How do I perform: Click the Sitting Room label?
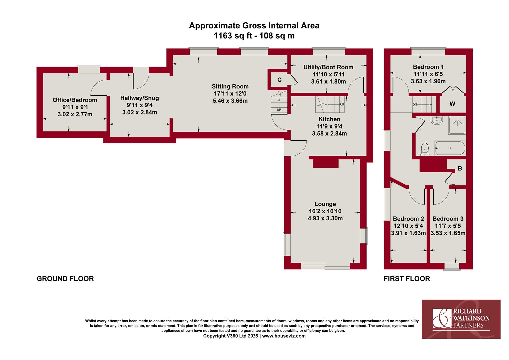tap(230, 86)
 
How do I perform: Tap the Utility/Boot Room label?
tap(328, 67)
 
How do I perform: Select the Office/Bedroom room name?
tap(75, 100)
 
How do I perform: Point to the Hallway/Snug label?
tap(140, 98)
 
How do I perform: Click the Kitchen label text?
tap(329, 119)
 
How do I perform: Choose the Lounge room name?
tap(325, 204)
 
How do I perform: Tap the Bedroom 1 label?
tap(428, 67)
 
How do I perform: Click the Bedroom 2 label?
tap(408, 219)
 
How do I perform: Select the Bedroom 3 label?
tap(448, 219)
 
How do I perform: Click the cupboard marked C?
tap(279, 80)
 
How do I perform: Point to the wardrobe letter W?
tap(452, 104)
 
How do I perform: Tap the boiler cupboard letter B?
tap(460, 169)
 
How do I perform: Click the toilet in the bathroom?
tap(425, 149)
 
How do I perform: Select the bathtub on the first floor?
tap(450, 148)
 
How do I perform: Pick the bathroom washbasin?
tap(437, 120)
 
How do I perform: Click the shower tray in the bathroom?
tap(457, 125)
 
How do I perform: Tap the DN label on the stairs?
tap(415, 105)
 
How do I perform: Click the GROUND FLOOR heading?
tap(65, 279)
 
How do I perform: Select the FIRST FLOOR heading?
tap(407, 279)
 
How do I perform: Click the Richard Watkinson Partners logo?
tap(461, 319)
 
